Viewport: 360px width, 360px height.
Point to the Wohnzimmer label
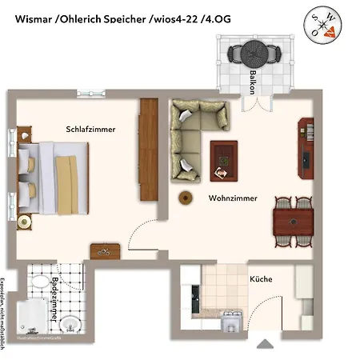click(233, 198)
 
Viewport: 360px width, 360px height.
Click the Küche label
click(261, 279)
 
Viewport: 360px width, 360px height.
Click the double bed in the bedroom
click(50, 178)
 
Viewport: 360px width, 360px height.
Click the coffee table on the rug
click(223, 160)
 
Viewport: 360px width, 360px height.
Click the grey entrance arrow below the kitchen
click(265, 345)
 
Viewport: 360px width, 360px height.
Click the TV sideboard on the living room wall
click(306, 149)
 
